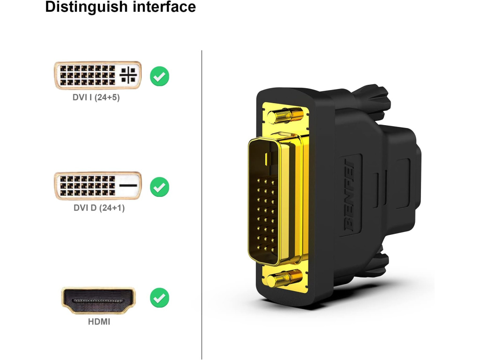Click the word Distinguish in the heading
(x=82, y=7)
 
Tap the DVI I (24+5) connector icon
(x=97, y=75)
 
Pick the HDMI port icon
(x=98, y=300)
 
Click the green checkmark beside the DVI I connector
(x=160, y=76)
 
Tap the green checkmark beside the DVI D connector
(x=160, y=187)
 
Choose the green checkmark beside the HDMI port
(x=160, y=297)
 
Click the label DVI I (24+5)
(x=97, y=98)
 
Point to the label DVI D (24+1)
(x=99, y=208)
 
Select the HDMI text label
(x=99, y=322)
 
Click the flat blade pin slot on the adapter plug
(x=267, y=158)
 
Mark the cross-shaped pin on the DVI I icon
(x=128, y=75)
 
